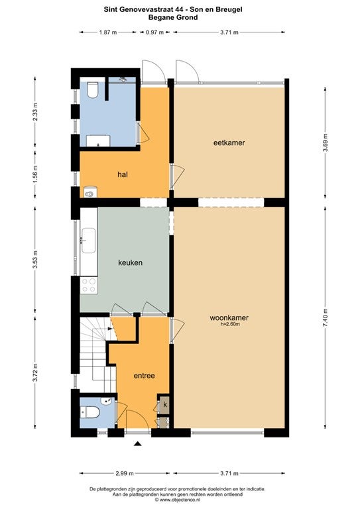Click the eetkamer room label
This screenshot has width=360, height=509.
pyautogui.click(x=229, y=142)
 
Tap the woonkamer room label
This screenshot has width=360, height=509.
pyautogui.click(x=229, y=318)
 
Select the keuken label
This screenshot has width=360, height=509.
pyautogui.click(x=130, y=262)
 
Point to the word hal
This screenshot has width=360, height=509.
pyautogui.click(x=123, y=174)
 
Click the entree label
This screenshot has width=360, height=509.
pyautogui.click(x=144, y=376)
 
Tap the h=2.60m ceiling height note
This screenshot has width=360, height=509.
pyautogui.click(x=230, y=324)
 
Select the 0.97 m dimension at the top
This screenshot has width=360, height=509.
pyautogui.click(x=154, y=32)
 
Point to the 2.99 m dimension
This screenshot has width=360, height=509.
pyautogui.click(x=125, y=473)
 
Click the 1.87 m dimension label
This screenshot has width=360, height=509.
pyautogui.click(x=108, y=32)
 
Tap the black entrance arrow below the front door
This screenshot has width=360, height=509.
pyautogui.click(x=139, y=444)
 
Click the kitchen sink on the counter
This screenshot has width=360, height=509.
pyautogui.click(x=88, y=240)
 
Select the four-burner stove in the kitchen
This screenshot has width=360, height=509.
pyautogui.click(x=89, y=285)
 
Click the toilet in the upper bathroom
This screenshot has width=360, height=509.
pyautogui.click(x=93, y=89)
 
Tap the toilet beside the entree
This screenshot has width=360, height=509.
pyautogui.click(x=90, y=413)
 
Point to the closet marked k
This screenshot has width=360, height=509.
pyautogui.click(x=165, y=404)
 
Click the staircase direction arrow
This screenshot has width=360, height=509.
pyautogui.click(x=110, y=329)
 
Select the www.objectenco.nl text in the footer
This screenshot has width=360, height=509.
pyautogui.click(x=179, y=500)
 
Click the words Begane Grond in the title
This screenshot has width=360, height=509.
pyautogui.click(x=173, y=17)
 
